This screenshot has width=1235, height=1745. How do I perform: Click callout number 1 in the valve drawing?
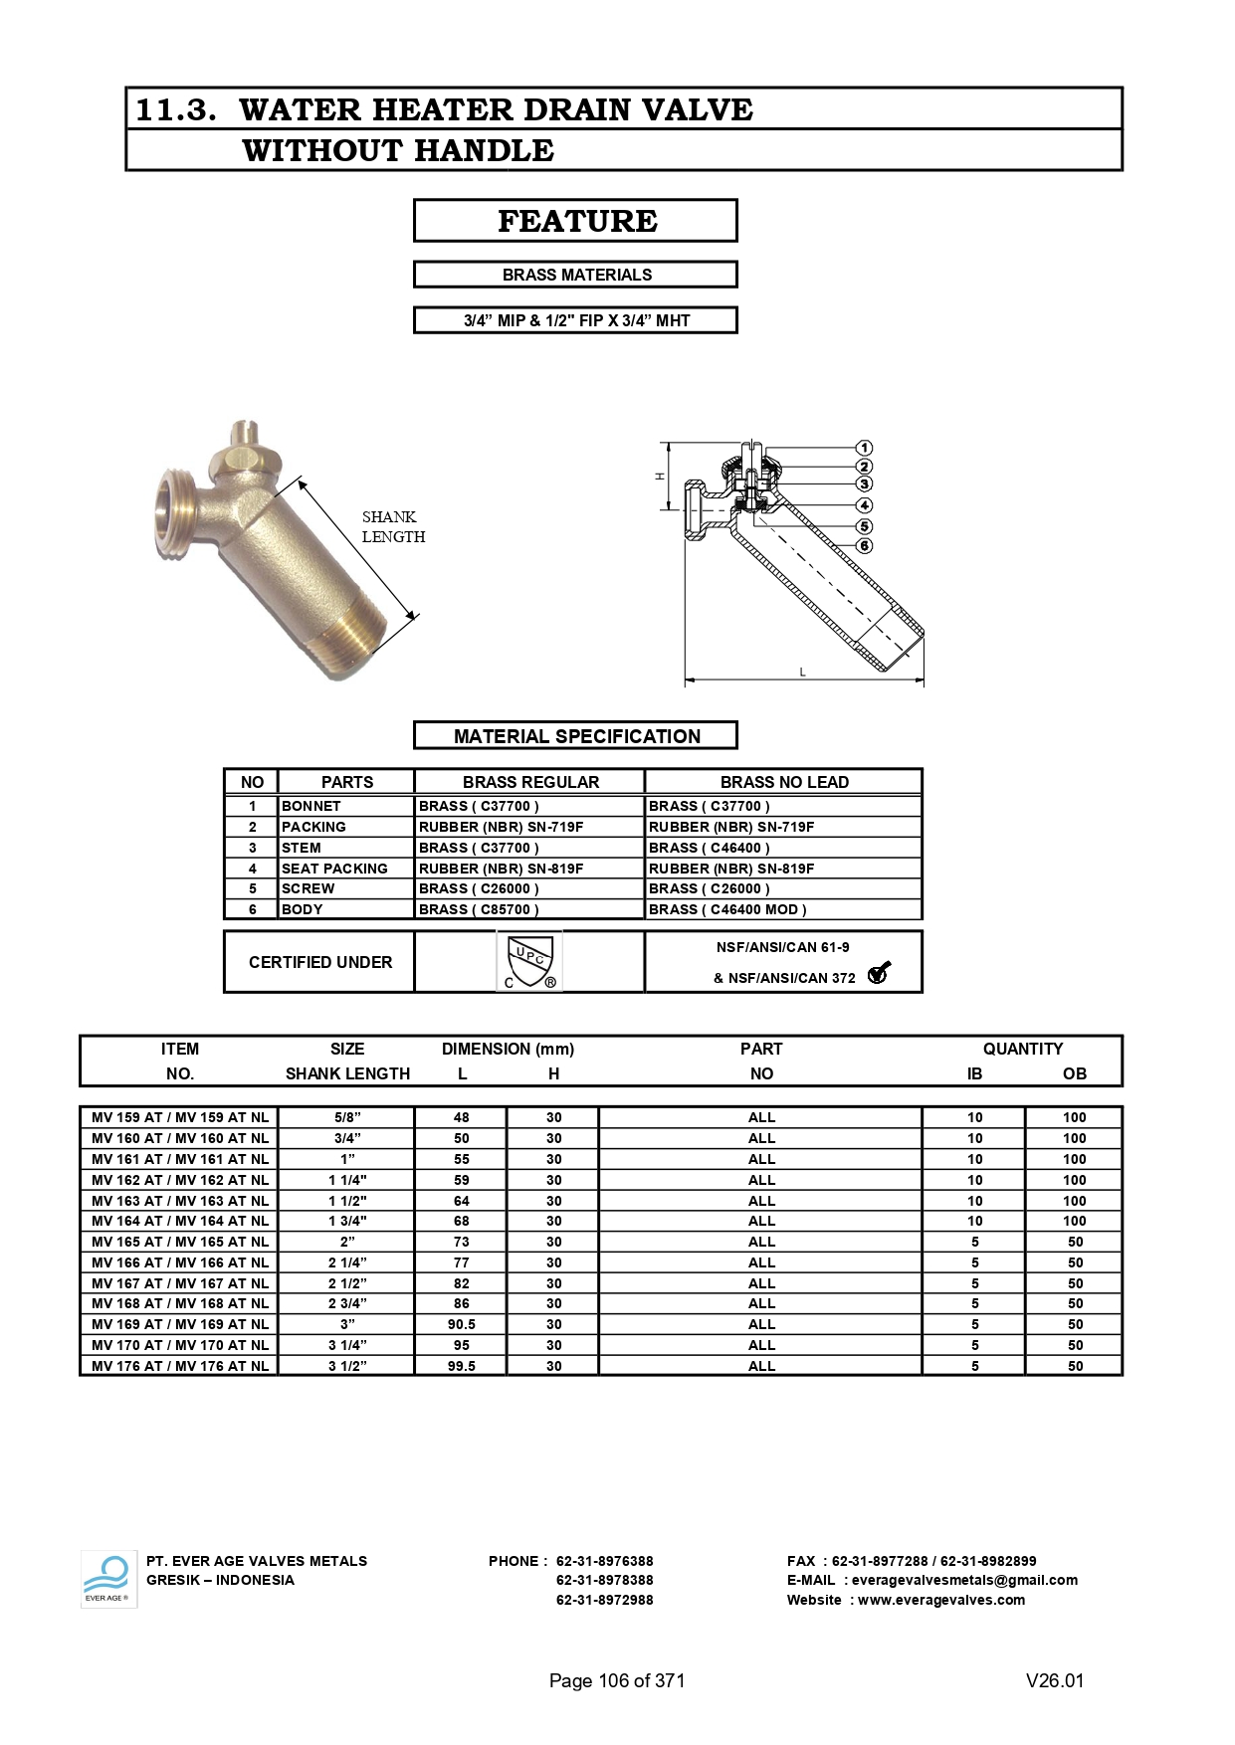pos(864,448)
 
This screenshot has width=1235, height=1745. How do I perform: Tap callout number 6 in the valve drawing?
pos(864,545)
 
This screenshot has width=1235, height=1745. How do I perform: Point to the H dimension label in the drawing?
pos(659,477)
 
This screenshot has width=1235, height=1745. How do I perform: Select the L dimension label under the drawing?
pos(803,673)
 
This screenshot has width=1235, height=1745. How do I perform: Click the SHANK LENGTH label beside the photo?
pos(393,526)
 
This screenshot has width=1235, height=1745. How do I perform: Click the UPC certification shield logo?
pos(529,961)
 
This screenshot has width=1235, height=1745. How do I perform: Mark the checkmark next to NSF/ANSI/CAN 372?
pos(878,973)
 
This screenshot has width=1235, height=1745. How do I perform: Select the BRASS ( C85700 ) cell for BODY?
pos(479,909)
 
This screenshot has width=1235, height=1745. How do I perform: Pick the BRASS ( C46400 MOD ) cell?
pos(727,909)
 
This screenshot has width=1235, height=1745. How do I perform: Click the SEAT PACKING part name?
pos(334,869)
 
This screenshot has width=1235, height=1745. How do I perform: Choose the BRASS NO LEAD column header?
pos(784,782)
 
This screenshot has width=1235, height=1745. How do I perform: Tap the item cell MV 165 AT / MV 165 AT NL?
pos(180,1242)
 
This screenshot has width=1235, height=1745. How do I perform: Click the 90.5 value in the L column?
pos(462,1324)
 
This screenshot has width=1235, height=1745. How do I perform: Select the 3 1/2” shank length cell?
pos(347,1366)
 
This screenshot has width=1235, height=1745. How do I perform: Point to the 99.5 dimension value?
pos(462,1366)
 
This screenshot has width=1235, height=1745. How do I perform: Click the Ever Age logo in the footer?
pos(107,1580)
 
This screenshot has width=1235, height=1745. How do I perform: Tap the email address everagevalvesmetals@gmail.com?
pos(964,1580)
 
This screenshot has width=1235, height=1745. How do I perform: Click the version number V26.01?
pos(1055,1680)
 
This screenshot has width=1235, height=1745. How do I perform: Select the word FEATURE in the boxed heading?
pos(577,221)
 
